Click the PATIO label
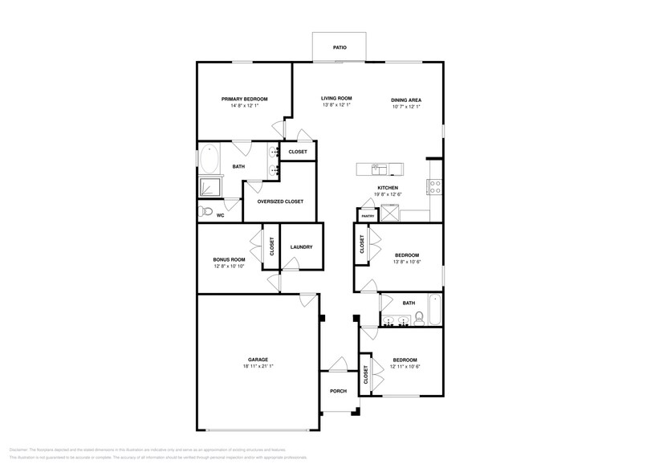click(340, 48)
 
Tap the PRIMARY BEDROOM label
click(244, 99)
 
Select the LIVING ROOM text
click(337, 98)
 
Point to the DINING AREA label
click(406, 100)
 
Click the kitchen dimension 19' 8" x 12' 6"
click(388, 194)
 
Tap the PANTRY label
click(368, 216)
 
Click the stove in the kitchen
click(436, 186)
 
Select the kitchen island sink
click(379, 168)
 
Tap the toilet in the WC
click(205, 213)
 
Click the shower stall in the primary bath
click(209, 188)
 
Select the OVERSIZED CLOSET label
click(280, 201)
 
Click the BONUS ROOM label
click(229, 259)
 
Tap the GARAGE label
click(258, 359)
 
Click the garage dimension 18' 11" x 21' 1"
click(258, 366)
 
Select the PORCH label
click(338, 392)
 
